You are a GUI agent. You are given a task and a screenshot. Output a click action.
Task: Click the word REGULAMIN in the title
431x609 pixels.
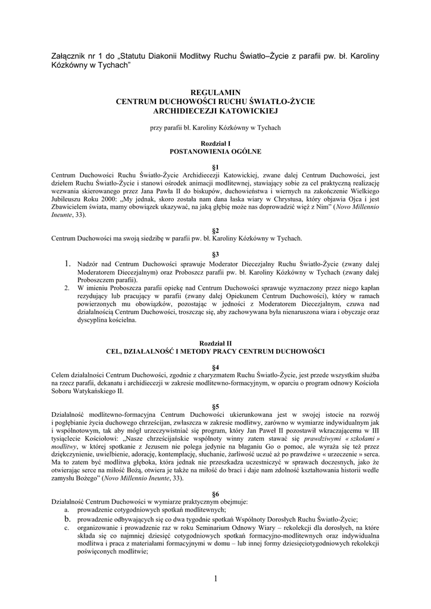coord(215,93)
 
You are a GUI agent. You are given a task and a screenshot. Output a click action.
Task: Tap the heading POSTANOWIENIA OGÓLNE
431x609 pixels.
coord(215,152)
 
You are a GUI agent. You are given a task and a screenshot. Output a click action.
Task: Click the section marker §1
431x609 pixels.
coord(215,167)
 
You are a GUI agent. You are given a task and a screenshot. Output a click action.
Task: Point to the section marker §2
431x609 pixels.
coord(215,230)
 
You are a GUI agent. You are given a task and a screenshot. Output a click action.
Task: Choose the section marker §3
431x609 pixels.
coord(215,254)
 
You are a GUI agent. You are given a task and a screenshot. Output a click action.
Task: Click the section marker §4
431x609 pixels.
coord(215,368)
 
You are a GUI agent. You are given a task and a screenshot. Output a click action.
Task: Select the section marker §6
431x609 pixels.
coord(215,494)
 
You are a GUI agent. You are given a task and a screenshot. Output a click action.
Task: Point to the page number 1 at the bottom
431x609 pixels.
coord(215,579)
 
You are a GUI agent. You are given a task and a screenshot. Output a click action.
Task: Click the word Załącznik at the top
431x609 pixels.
coord(70,56)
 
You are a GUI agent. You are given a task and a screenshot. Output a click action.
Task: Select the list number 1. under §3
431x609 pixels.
coord(68,263)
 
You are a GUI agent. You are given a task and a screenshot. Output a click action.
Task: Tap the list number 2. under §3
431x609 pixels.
coord(67,287)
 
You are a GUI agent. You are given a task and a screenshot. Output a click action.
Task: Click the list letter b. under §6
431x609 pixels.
coord(67,518)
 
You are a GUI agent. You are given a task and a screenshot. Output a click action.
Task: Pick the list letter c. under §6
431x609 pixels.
coord(67,527)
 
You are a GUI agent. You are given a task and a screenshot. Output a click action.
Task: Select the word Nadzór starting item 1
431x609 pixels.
coord(90,264)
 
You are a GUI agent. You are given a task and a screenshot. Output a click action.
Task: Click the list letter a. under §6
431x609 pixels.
coord(67,510)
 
